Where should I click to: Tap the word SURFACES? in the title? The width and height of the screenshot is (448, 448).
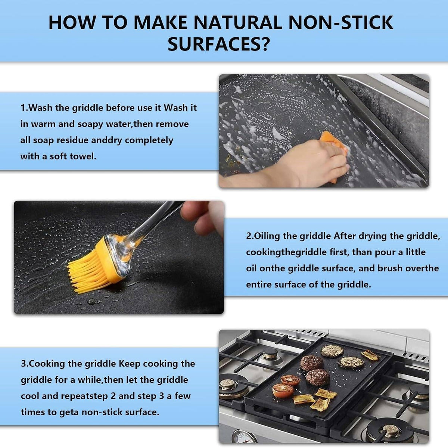pos(218,44)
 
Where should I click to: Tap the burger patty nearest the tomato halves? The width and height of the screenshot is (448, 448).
pos(318,377)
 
